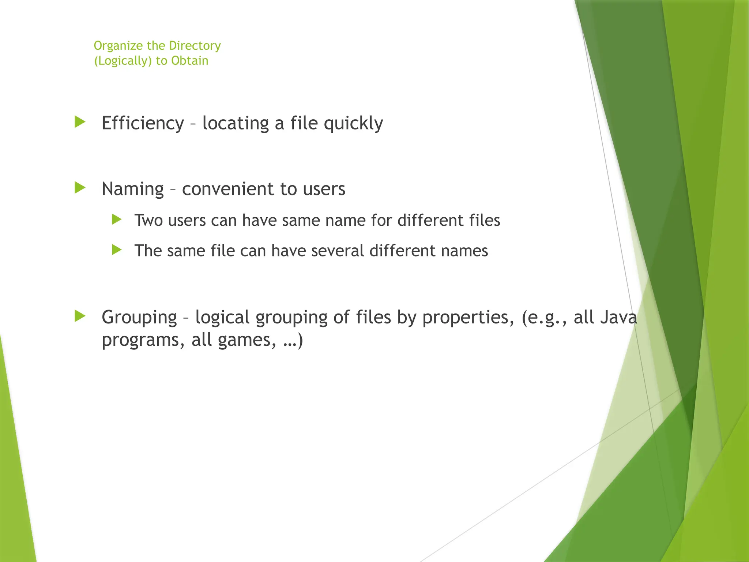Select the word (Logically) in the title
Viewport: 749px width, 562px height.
click(x=123, y=61)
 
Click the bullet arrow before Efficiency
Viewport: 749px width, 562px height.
click(x=80, y=122)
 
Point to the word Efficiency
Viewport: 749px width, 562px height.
click(x=143, y=123)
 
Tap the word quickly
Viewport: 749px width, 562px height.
click(x=353, y=124)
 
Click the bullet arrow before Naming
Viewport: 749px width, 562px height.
click(x=80, y=188)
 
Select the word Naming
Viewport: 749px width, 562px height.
click(x=132, y=190)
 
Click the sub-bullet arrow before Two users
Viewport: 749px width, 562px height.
click(x=117, y=220)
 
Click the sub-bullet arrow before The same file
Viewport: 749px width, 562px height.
click(x=117, y=250)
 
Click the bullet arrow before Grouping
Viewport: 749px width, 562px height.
click(x=80, y=316)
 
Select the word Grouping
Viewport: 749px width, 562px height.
click(x=139, y=317)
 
